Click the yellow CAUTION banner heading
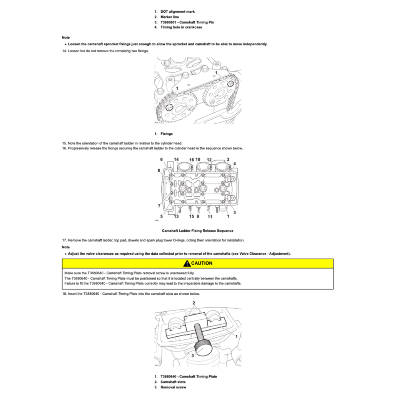[198, 263]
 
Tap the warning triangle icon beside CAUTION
[187, 263]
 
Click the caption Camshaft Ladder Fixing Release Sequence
[197, 231]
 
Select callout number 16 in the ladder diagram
[191, 159]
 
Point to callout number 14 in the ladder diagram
[176, 159]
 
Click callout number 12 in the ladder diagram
[209, 159]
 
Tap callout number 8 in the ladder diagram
[159, 170]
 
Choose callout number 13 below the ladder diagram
[176, 217]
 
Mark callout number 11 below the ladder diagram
[210, 217]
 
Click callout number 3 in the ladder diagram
[235, 212]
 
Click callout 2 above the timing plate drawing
[194, 303]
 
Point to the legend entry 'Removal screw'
[173, 387]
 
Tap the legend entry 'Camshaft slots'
[173, 382]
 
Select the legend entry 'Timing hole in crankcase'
[181, 27]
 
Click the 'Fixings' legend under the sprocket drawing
[166, 134]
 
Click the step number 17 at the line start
[64, 240]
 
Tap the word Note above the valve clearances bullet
[66, 247]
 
